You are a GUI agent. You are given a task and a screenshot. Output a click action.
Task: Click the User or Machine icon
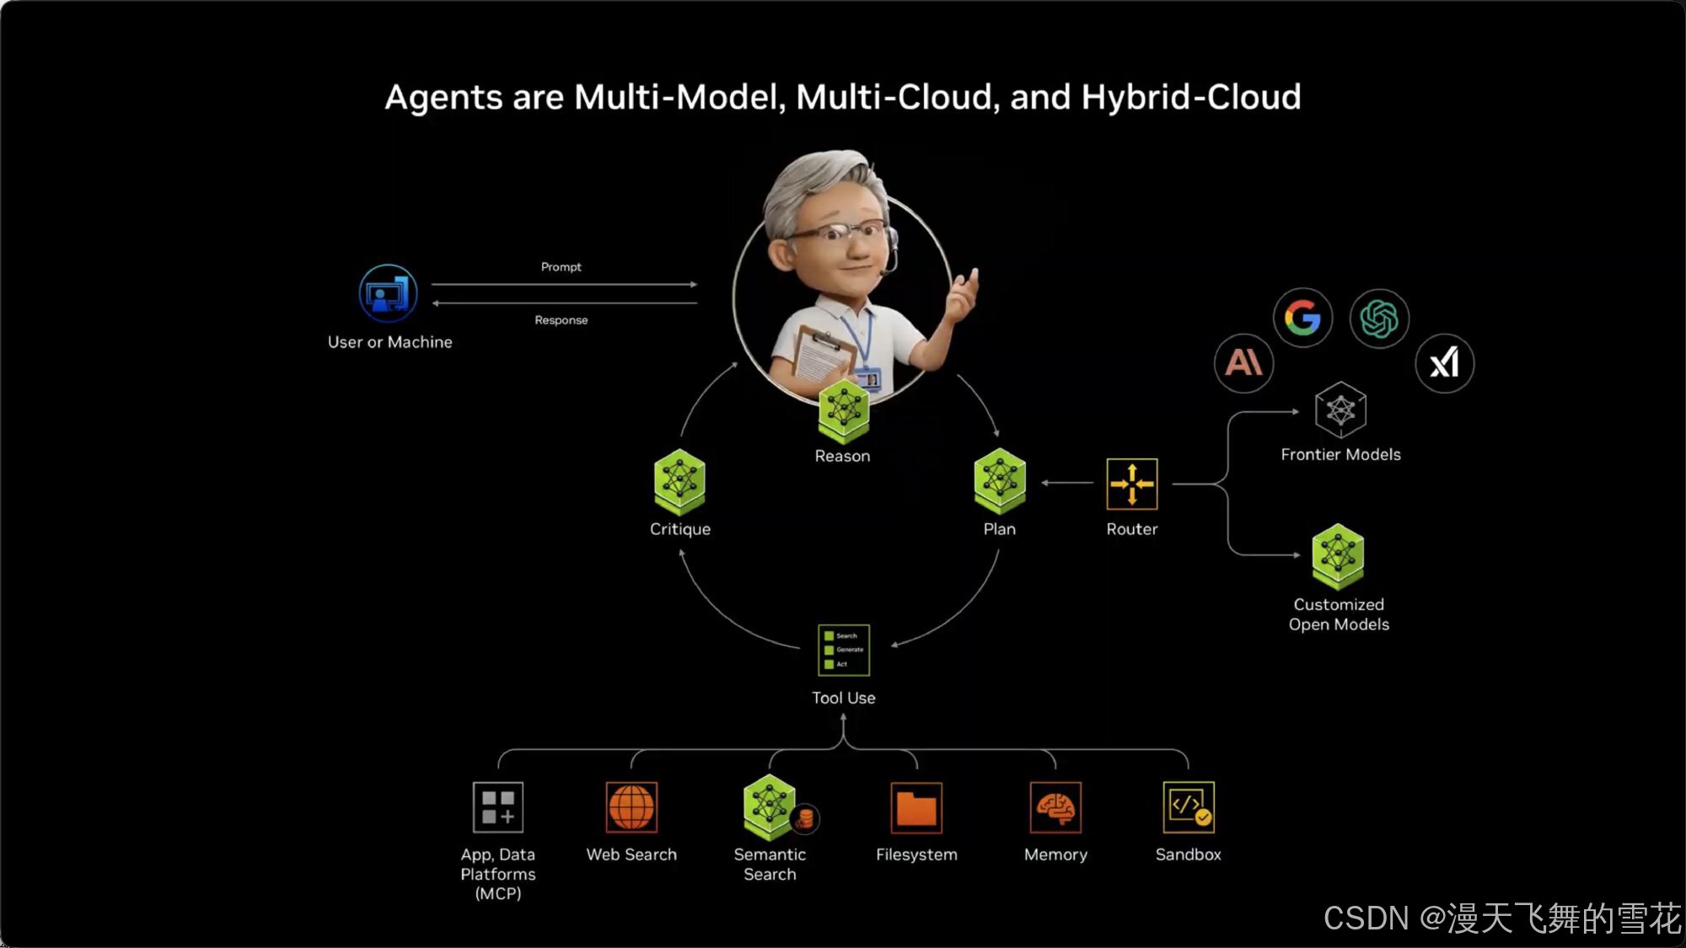[x=388, y=293]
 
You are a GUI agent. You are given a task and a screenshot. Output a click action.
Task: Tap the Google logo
[x=1302, y=318]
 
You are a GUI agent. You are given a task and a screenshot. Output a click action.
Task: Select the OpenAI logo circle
[x=1379, y=319]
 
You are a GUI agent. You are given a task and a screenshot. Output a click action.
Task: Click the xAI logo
[x=1444, y=363]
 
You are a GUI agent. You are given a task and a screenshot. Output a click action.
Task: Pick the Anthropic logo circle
[x=1243, y=363]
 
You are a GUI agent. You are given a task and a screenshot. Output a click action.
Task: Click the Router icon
[x=1131, y=484]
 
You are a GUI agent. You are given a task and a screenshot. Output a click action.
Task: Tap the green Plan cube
[x=1000, y=481]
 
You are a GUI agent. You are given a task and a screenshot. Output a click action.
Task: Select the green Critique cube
[x=679, y=482]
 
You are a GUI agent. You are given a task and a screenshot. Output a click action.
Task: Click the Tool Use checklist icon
[x=843, y=650]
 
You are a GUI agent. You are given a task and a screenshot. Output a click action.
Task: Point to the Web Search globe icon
[x=631, y=806]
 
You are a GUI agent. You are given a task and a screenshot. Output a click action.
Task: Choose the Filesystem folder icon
[x=916, y=807]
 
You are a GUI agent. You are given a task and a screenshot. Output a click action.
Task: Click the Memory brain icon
[x=1055, y=807]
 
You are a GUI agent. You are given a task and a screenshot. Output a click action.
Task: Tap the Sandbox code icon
[x=1189, y=806]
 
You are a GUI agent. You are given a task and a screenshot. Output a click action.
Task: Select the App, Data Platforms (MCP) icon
[x=497, y=806]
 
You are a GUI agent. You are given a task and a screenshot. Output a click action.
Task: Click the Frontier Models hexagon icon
[x=1340, y=410]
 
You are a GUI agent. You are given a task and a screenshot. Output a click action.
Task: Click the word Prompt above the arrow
[x=561, y=266]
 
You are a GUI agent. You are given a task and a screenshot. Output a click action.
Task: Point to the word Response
[x=561, y=320]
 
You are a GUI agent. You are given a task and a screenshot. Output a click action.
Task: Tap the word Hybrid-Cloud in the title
[x=1191, y=97]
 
